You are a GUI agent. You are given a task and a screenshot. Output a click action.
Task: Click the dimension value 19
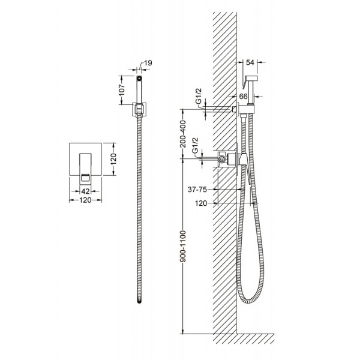point(148,63)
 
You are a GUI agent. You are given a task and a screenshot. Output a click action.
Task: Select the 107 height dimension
point(122,90)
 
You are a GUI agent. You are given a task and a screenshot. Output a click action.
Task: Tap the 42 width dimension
point(85,191)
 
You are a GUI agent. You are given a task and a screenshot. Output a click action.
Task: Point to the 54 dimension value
point(250,62)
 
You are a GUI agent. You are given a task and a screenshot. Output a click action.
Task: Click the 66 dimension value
point(244,96)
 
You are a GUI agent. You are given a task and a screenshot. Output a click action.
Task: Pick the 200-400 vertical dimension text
point(183,134)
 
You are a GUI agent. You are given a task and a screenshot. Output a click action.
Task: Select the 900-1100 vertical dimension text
point(183,247)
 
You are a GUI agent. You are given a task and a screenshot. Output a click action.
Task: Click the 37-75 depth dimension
point(197,190)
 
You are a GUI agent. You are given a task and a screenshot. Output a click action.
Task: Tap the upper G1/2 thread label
point(199,102)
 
